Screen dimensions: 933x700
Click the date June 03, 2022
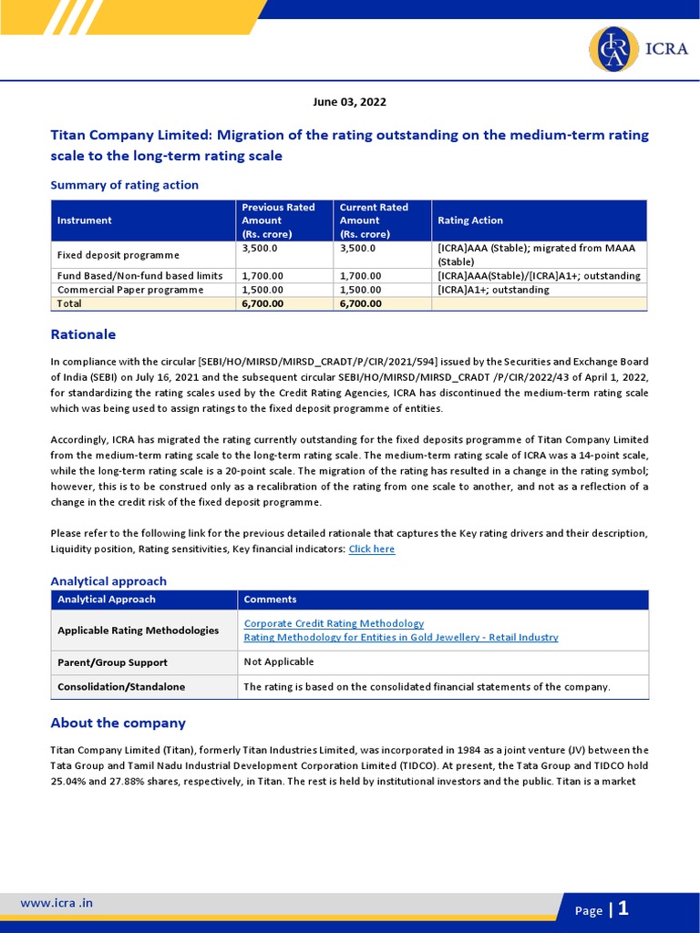pos(349,102)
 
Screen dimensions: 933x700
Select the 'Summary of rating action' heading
pos(124,185)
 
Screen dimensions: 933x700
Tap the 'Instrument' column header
pos(85,220)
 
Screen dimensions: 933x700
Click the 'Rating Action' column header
pos(470,220)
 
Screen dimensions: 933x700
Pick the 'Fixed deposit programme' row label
pos(118,255)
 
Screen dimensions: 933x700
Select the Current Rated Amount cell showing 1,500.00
pos(361,290)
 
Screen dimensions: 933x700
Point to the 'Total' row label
pos(69,303)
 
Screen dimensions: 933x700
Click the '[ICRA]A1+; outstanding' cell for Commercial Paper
pos(493,290)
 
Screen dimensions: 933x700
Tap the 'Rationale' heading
pos(83,334)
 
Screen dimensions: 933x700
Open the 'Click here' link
pos(372,549)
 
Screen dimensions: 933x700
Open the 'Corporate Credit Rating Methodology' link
pos(334,623)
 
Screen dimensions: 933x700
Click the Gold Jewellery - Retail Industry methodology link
pos(401,638)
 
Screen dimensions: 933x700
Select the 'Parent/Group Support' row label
pos(112,662)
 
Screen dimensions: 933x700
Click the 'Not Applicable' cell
pos(279,661)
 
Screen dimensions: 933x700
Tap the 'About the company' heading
pos(118,723)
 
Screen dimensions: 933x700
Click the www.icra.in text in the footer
pos(57,903)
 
